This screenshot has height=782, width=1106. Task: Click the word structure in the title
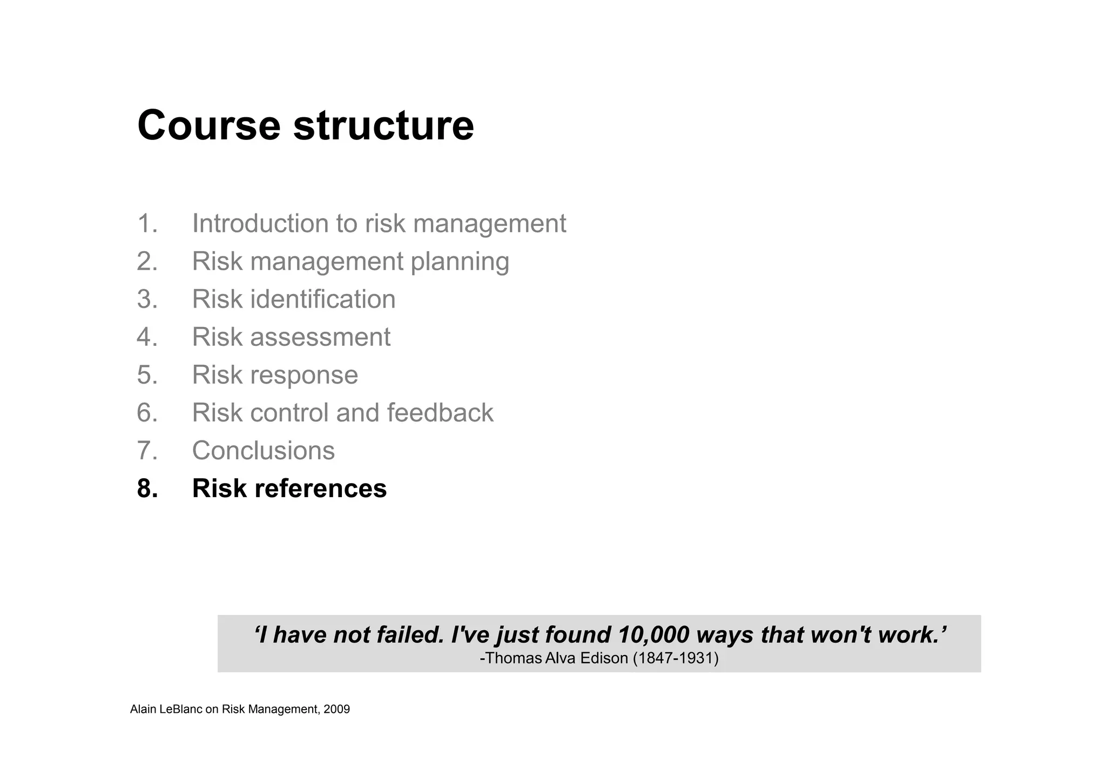point(383,125)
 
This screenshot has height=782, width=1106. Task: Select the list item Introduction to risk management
point(379,224)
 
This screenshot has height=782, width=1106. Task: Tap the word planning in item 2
point(460,262)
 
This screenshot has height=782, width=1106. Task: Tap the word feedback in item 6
point(440,413)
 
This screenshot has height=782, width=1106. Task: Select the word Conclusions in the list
point(263,451)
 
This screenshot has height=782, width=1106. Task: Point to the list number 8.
point(147,489)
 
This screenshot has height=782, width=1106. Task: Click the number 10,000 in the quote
point(653,635)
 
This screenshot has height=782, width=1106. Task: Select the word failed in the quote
point(410,635)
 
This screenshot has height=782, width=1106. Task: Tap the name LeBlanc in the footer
point(181,710)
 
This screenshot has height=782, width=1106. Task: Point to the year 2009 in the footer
point(336,710)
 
